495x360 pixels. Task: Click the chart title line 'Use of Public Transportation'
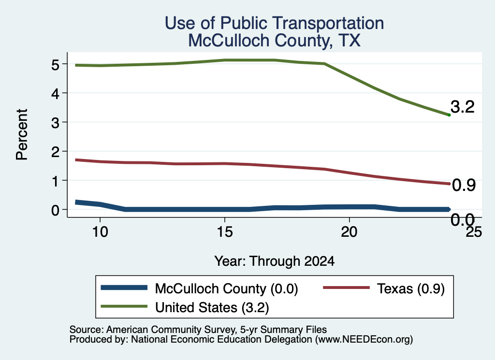pyautogui.click(x=275, y=23)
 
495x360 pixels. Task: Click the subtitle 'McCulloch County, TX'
pyautogui.click(x=275, y=41)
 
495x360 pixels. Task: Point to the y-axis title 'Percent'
pyautogui.click(x=22, y=135)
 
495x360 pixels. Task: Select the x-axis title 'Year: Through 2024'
pyautogui.click(x=275, y=261)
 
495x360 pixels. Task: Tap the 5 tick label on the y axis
pyautogui.click(x=55, y=64)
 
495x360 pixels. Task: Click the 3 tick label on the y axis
pyautogui.click(x=55, y=122)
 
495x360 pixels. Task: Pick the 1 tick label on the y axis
pyautogui.click(x=56, y=181)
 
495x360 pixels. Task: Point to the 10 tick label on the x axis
pyautogui.click(x=100, y=232)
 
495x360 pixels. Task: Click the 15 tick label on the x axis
pyautogui.click(x=225, y=232)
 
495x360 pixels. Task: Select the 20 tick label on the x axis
pyautogui.click(x=349, y=232)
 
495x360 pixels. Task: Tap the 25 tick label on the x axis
pyautogui.click(x=474, y=232)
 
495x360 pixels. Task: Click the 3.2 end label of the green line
pyautogui.click(x=463, y=107)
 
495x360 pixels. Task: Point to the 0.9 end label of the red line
pyautogui.click(x=464, y=185)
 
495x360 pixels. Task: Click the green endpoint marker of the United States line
pyautogui.click(x=449, y=115)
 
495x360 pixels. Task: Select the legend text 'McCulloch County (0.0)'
pyautogui.click(x=226, y=288)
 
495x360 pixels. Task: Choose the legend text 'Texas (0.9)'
pyautogui.click(x=411, y=288)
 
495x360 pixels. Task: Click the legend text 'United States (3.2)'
pyautogui.click(x=212, y=307)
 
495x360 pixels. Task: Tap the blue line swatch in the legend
pyautogui.click(x=124, y=288)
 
